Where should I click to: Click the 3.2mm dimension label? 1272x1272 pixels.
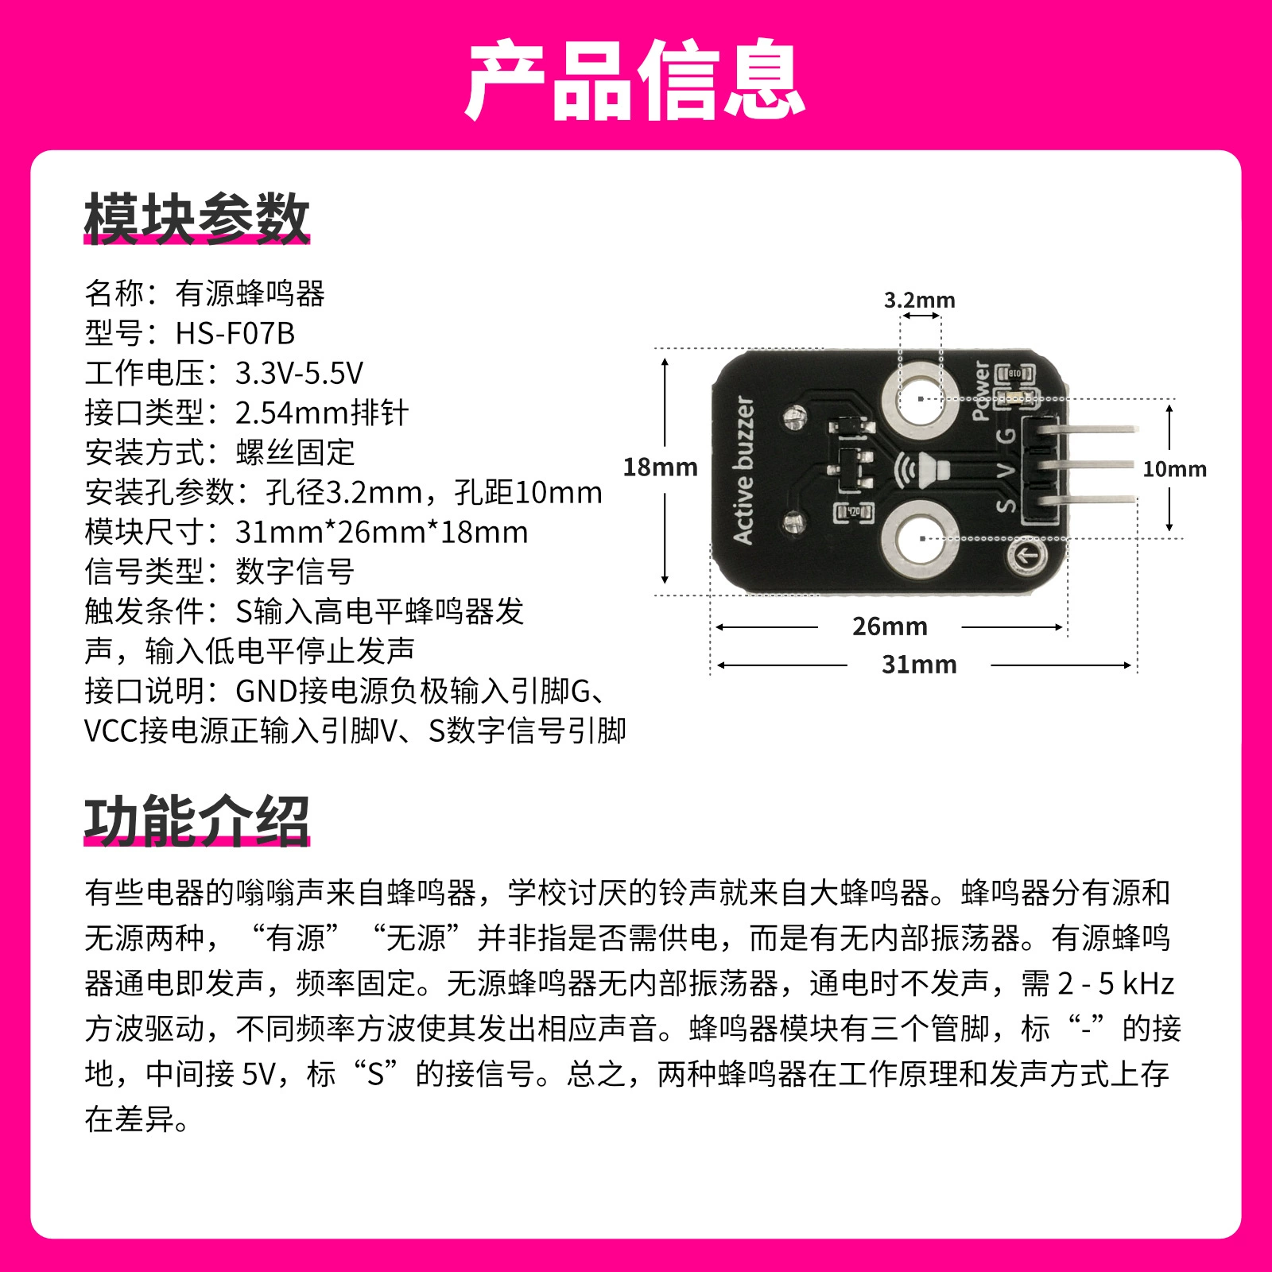click(x=920, y=300)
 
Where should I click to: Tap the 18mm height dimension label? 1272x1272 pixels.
click(x=660, y=467)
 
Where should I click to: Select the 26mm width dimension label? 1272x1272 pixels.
click(x=890, y=626)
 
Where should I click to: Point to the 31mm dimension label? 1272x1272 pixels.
click(x=919, y=665)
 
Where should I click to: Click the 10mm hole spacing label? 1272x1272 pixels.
click(x=1174, y=469)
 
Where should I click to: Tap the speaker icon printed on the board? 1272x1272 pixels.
click(x=922, y=470)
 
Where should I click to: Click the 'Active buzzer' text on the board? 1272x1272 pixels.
click(x=743, y=470)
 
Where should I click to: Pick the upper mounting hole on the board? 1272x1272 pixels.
click(x=920, y=398)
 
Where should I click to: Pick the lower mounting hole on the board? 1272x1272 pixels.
click(x=920, y=539)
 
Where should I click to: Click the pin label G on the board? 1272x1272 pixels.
click(x=1005, y=435)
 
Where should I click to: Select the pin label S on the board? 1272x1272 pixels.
click(x=1006, y=504)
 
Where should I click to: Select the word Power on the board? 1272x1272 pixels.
click(x=982, y=390)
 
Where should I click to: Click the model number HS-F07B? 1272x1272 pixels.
click(x=235, y=333)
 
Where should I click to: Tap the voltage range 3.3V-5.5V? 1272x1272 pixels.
click(x=299, y=373)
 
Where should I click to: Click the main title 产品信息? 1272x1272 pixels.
click(x=636, y=79)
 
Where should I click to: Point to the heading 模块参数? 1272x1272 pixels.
click(x=196, y=218)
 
